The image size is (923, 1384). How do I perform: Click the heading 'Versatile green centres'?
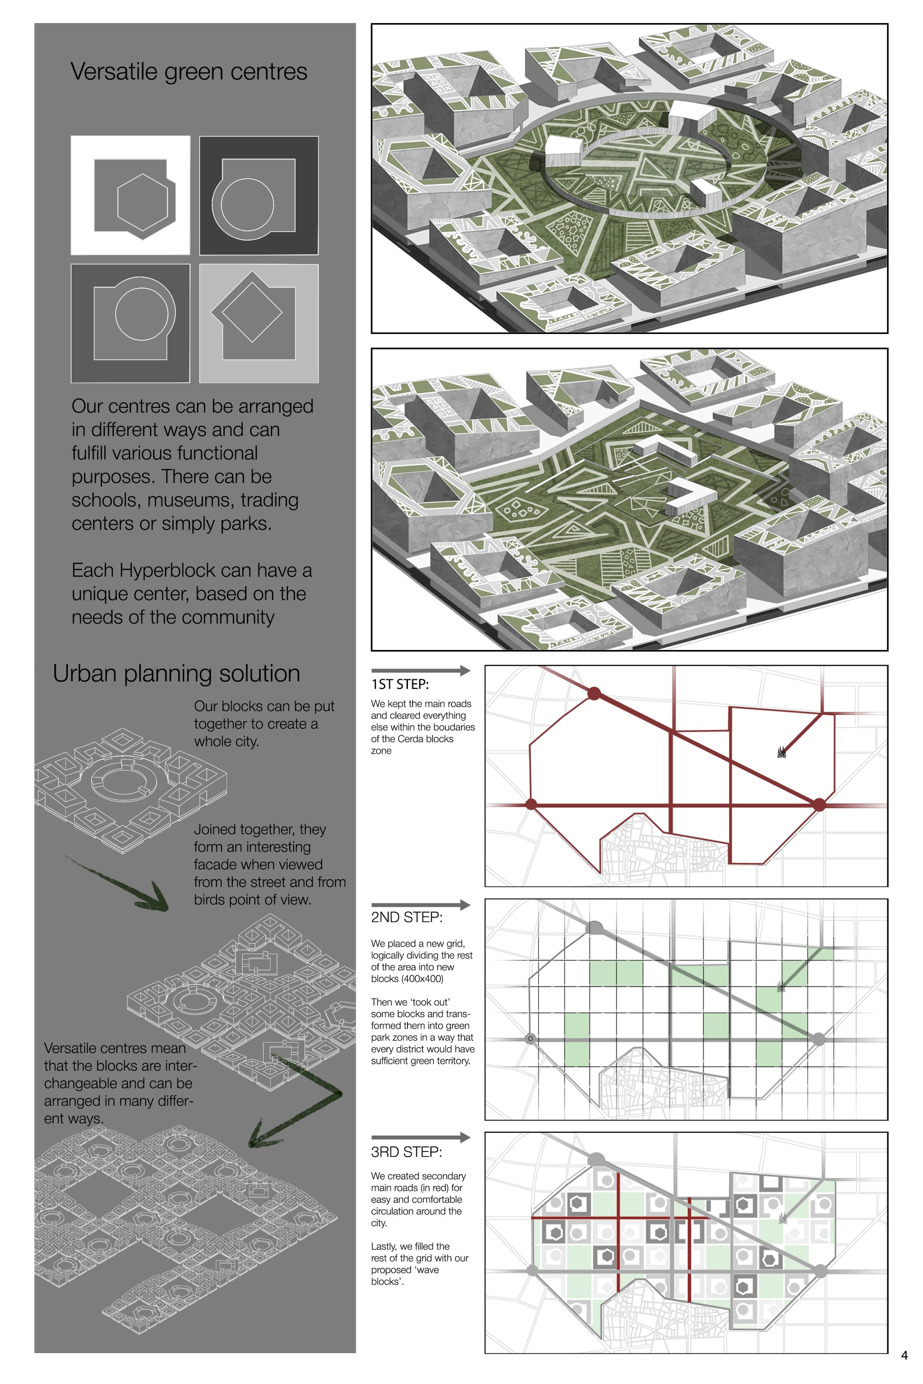[189, 72]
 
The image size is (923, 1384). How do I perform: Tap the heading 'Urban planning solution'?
[177, 674]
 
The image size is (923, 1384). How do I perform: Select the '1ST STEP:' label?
[400, 684]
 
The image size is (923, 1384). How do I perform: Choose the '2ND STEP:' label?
[407, 918]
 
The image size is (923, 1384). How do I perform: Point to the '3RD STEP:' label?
[406, 1151]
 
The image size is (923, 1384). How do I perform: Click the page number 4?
[904, 1356]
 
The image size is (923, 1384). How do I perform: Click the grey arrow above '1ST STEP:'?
[420, 670]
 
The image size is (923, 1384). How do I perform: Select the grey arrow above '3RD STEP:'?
[420, 1138]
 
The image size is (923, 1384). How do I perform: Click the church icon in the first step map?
[782, 752]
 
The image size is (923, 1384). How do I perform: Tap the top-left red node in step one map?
[594, 694]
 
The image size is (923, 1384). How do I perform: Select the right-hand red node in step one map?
[819, 805]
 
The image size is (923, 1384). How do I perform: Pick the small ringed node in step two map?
[530, 1038]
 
